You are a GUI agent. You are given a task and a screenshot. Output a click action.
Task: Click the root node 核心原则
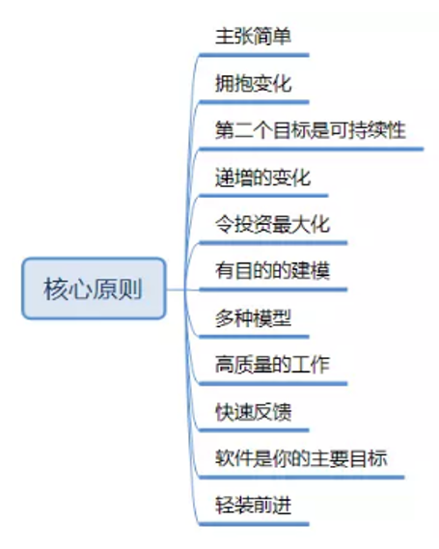(94, 288)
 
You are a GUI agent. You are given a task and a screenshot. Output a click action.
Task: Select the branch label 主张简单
(253, 36)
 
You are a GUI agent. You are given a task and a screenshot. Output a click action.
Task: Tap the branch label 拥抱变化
(253, 83)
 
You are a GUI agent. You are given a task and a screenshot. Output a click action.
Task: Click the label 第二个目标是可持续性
(311, 130)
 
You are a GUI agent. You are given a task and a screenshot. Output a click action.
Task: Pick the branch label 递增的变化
(262, 178)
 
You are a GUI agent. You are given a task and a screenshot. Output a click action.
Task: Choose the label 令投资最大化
(272, 224)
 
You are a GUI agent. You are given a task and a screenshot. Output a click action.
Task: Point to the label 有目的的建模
(272, 271)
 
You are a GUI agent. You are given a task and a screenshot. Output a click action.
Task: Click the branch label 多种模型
(253, 317)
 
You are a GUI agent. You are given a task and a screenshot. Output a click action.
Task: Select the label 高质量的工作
(272, 365)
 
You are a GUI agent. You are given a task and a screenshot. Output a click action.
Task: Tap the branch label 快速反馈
(253, 412)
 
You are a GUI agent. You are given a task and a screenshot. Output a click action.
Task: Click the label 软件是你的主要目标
(301, 458)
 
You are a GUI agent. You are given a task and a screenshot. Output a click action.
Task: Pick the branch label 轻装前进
(253, 506)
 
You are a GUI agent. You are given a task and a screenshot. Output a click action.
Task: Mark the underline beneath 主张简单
(254, 55)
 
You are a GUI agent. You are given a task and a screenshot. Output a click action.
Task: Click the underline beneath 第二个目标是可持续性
(312, 150)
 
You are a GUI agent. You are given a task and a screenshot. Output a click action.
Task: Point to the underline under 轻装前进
(254, 524)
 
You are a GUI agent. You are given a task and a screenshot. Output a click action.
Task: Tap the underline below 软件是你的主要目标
(302, 478)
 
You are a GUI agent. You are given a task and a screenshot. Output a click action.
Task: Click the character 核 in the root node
(56, 288)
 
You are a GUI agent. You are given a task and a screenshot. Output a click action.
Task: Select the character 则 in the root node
(130, 288)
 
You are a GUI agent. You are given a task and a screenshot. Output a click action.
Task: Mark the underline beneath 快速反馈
(254, 430)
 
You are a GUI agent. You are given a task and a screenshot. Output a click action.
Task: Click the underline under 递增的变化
(263, 196)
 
